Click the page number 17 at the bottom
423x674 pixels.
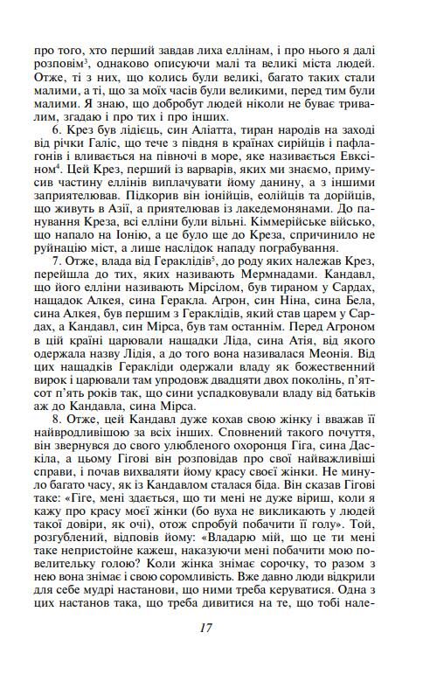[x=206, y=627]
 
